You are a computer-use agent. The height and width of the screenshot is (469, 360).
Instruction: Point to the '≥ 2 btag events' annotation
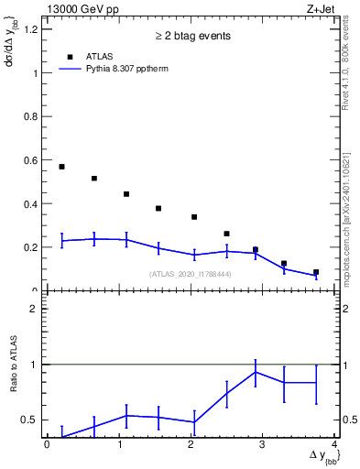(191, 36)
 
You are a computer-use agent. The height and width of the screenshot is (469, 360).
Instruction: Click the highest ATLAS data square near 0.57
(61, 167)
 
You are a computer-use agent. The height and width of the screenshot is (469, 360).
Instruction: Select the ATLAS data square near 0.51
(93, 179)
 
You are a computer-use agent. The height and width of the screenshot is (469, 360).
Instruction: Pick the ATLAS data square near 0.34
(194, 217)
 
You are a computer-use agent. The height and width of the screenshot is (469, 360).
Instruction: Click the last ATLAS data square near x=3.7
(316, 272)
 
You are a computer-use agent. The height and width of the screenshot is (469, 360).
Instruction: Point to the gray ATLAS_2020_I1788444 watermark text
(191, 273)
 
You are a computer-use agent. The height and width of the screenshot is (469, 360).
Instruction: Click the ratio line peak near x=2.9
(255, 371)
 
